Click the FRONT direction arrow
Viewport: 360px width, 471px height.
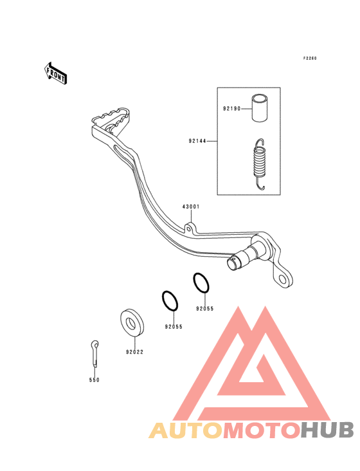point(55,73)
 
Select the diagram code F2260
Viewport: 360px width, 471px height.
point(310,59)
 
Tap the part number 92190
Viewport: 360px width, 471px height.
point(231,109)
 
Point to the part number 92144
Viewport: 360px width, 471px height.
point(197,140)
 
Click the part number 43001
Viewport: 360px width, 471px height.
point(191,207)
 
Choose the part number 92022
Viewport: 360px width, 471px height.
point(135,352)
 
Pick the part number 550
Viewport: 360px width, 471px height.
point(94,380)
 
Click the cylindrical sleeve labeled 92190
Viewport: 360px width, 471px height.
point(260,108)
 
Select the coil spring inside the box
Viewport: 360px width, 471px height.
point(260,164)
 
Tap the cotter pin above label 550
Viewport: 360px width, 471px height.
point(94,353)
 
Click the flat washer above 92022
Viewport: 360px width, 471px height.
point(132,323)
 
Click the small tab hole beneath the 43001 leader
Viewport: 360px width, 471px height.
point(188,229)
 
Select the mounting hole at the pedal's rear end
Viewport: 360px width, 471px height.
point(283,280)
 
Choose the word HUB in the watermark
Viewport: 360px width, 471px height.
point(328,430)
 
